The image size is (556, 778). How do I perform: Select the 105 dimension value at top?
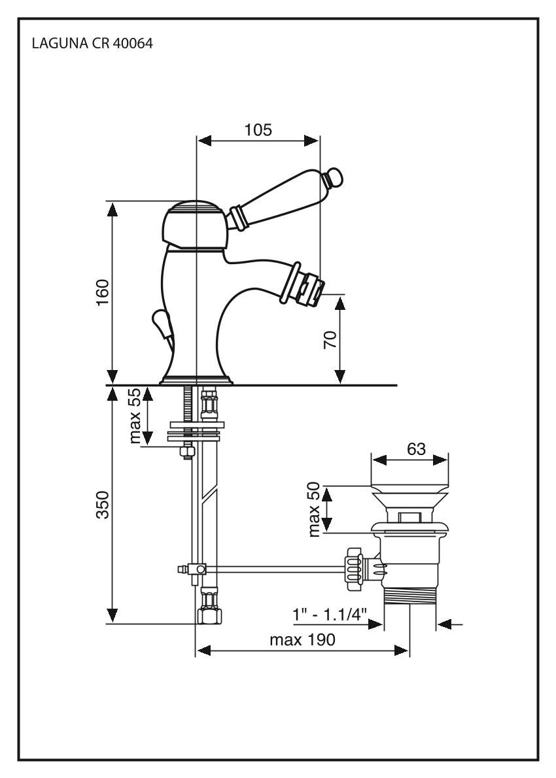[x=258, y=129]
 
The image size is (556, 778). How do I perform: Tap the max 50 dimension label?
[x=315, y=509]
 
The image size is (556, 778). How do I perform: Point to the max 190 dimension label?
[x=302, y=639]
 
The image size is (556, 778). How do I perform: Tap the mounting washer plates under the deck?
[x=197, y=431]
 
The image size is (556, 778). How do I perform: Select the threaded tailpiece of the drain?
[x=409, y=598]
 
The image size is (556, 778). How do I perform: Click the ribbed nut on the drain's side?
[x=353, y=564]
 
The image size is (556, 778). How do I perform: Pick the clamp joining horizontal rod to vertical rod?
[x=194, y=569]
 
